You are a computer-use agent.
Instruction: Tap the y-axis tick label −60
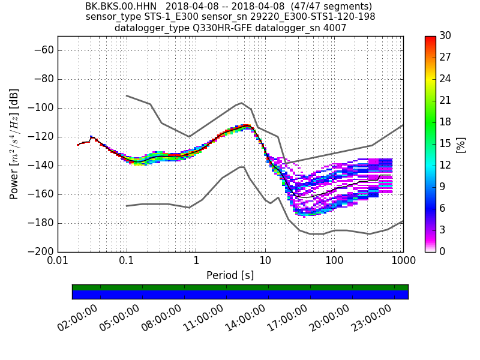tap(43, 50)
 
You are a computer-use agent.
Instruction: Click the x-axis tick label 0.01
tap(58, 262)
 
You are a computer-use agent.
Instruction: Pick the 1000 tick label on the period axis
tap(403, 262)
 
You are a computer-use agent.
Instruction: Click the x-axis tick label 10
tap(265, 262)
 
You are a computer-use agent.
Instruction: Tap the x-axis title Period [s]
tap(230, 275)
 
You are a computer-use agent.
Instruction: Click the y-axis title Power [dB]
tap(14, 144)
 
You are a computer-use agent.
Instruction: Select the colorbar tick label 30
tap(445, 36)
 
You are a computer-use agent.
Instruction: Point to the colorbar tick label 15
tap(445, 143)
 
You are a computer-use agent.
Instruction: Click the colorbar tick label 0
tap(442, 251)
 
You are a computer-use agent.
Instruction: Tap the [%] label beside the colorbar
tap(461, 144)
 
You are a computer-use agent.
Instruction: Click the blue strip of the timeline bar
tap(240, 295)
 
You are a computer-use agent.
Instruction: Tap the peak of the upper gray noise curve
tap(241, 103)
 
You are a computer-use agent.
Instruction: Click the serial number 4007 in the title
tap(335, 28)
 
